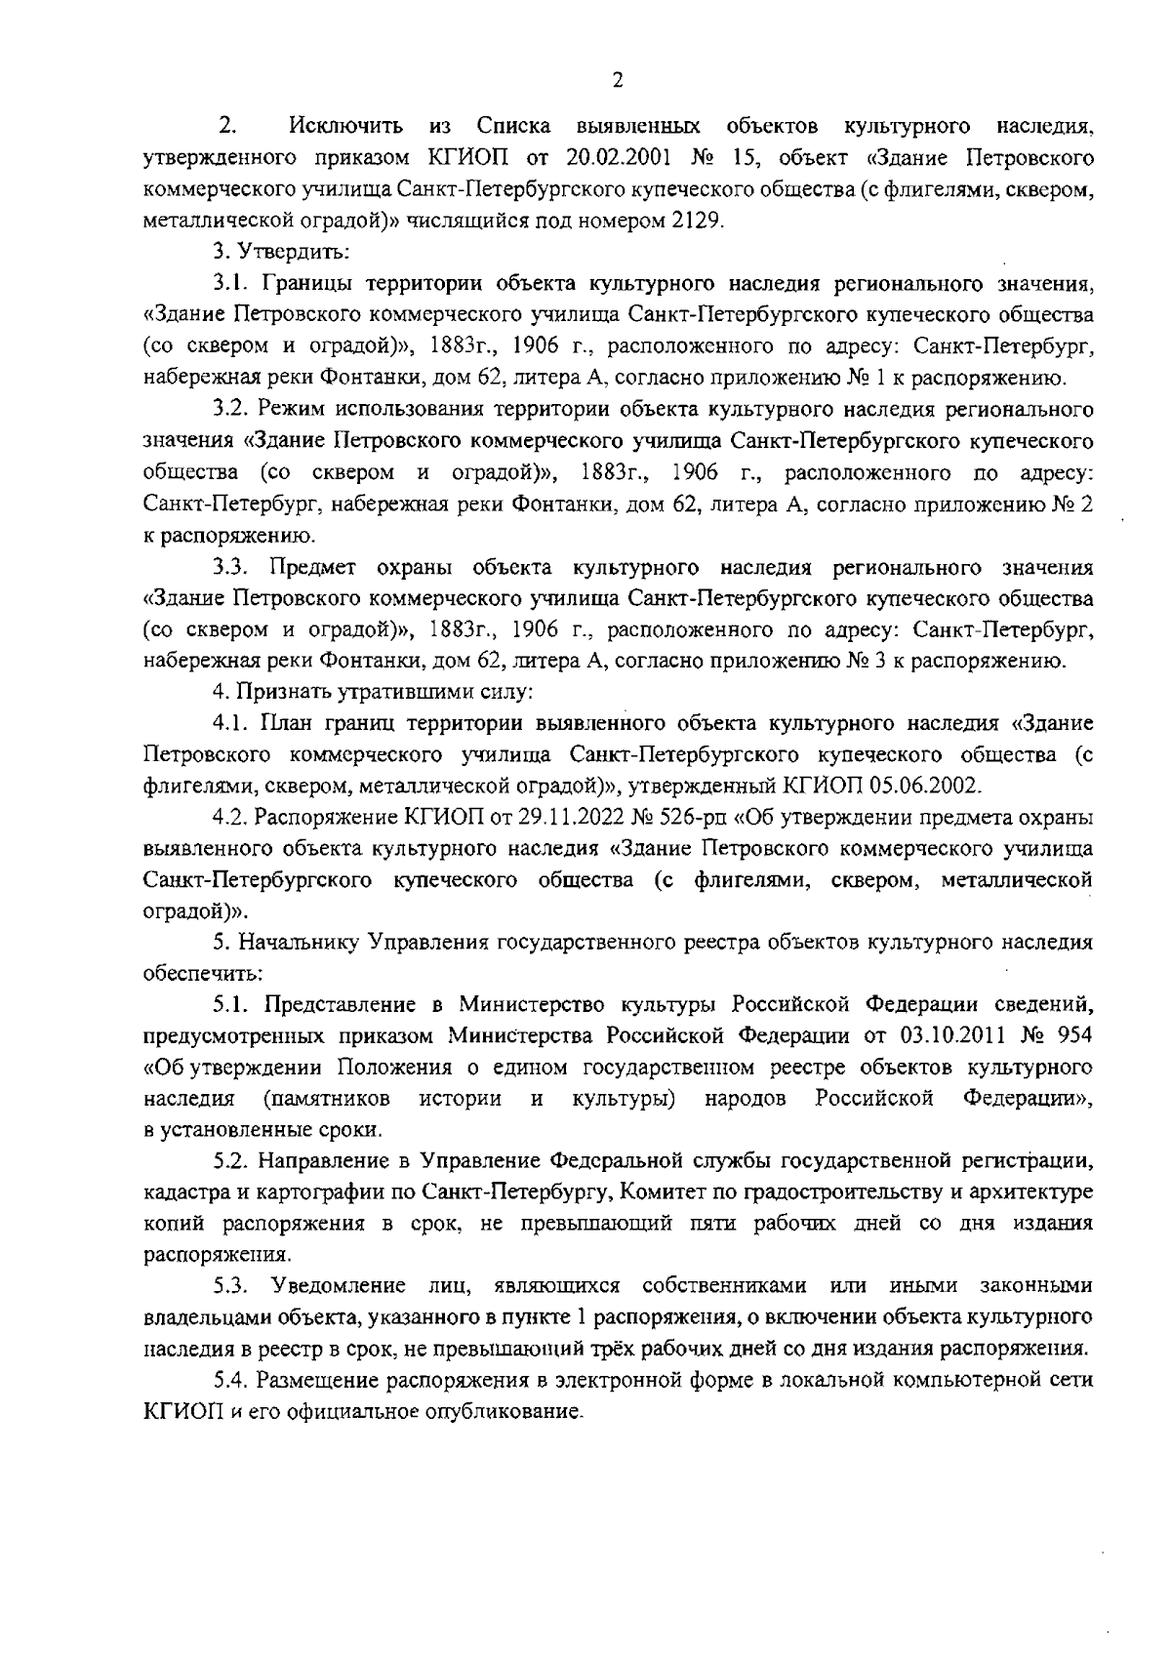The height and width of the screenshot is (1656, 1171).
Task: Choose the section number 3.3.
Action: point(235,568)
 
